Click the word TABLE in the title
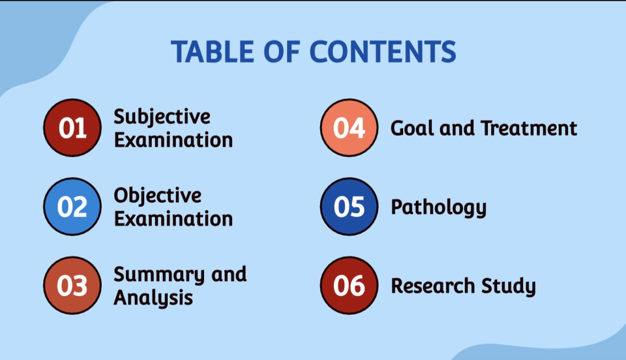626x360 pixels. point(213,52)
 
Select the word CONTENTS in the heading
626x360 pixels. point(383,52)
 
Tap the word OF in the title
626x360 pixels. point(282,52)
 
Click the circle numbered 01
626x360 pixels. point(72,128)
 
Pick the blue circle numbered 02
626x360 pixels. point(72,206)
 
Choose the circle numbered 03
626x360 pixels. point(72,286)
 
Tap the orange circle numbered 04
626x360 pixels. point(349,128)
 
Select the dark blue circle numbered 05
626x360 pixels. point(349,206)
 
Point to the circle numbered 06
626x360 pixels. point(349,286)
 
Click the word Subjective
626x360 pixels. point(162,117)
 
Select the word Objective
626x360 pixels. point(158,196)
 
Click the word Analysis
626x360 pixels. point(153,298)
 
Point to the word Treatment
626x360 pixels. point(529,128)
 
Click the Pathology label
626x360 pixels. point(438,207)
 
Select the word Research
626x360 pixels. point(432,286)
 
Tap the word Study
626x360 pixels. point(508,286)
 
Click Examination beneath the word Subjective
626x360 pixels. point(173,140)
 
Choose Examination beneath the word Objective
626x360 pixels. point(173,218)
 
